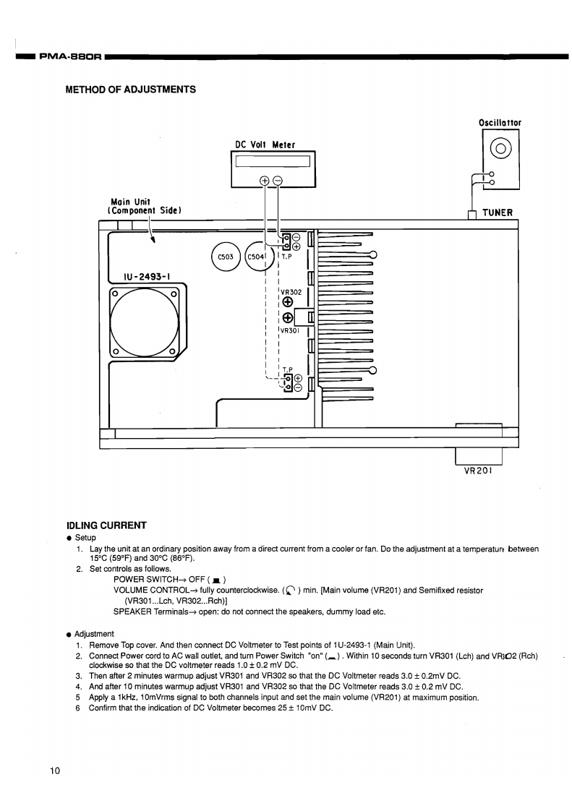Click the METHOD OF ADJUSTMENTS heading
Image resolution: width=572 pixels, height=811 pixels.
tap(131, 90)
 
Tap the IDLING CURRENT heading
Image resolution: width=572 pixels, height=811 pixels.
tap(106, 525)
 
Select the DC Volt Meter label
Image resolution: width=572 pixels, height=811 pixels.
tap(265, 145)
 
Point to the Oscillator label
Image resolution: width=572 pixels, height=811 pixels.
tap(500, 123)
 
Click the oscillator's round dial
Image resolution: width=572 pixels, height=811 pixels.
tap(501, 150)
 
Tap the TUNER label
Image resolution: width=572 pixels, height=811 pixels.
tap(497, 213)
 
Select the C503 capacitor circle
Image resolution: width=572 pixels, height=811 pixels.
tap(223, 256)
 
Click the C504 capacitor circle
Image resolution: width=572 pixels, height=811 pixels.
tap(259, 256)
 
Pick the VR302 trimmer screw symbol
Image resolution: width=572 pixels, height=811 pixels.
tap(287, 302)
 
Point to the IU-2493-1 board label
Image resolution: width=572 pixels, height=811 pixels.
tap(144, 275)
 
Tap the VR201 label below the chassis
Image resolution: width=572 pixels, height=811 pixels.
tap(478, 470)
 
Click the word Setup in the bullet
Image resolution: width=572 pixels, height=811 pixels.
tap(85, 538)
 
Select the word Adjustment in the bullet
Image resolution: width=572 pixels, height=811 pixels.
tap(94, 634)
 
